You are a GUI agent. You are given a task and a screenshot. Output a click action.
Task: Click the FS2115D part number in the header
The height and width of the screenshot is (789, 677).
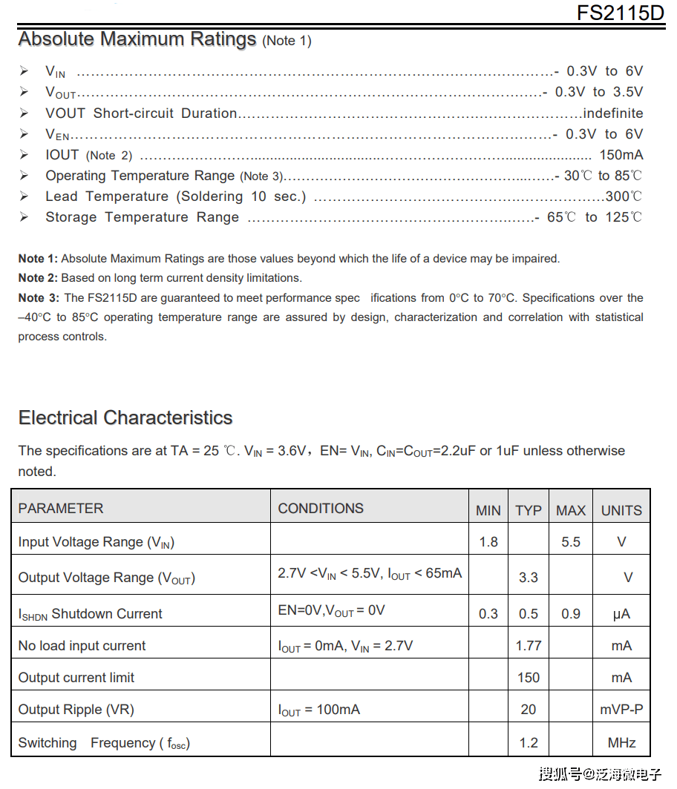pyautogui.click(x=620, y=13)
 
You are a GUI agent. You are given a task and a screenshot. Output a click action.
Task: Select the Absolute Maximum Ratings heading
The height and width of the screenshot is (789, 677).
pyautogui.click(x=137, y=39)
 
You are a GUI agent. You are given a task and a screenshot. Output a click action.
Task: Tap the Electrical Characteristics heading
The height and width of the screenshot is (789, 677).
pyautogui.click(x=125, y=417)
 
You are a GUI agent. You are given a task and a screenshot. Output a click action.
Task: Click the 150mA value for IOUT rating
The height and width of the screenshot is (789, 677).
pyautogui.click(x=621, y=155)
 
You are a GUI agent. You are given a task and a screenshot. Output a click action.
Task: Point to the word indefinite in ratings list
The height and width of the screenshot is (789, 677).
pyautogui.click(x=613, y=113)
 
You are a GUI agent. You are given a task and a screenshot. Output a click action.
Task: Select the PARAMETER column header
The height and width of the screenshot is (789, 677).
pyautogui.click(x=61, y=509)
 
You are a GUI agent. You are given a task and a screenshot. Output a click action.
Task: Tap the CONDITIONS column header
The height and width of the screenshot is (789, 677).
pyautogui.click(x=321, y=509)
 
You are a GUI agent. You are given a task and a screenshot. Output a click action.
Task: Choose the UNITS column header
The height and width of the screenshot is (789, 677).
pyautogui.click(x=621, y=510)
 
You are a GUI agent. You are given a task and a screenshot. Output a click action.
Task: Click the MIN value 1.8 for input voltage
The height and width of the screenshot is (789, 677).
pyautogui.click(x=488, y=542)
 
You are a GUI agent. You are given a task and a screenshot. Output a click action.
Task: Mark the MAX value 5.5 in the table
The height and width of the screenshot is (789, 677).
pyautogui.click(x=571, y=542)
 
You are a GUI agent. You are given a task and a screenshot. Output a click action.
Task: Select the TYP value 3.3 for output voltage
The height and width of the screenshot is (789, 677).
pyautogui.click(x=529, y=577)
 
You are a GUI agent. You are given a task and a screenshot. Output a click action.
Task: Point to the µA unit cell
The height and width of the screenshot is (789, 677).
pyautogui.click(x=621, y=614)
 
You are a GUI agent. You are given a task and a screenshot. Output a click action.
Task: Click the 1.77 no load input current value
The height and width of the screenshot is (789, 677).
pyautogui.click(x=529, y=646)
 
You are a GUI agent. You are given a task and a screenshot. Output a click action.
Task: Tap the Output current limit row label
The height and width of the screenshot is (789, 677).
pyautogui.click(x=76, y=678)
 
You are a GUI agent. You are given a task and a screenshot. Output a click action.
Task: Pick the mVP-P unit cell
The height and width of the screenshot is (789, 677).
pyautogui.click(x=621, y=710)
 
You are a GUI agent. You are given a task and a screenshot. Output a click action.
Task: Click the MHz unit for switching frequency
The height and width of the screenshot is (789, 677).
pyautogui.click(x=621, y=742)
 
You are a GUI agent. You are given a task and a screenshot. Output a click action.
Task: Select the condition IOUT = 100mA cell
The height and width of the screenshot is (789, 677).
pyautogui.click(x=319, y=710)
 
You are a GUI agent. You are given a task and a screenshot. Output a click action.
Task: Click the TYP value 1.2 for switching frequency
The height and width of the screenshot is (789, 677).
pyautogui.click(x=529, y=742)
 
